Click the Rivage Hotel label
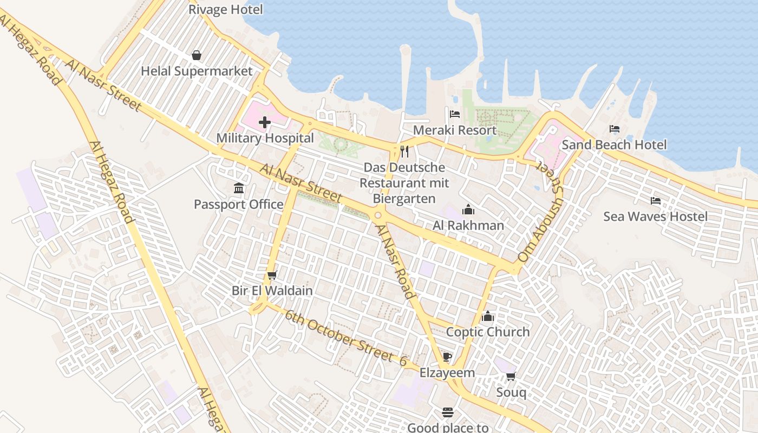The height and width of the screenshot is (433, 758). coord(225,9)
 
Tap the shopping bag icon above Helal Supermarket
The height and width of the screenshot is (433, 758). coord(197,55)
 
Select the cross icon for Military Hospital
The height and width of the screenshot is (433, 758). coord(265,122)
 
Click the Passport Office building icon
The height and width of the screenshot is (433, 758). coord(239,188)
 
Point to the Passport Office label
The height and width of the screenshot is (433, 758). coord(239,204)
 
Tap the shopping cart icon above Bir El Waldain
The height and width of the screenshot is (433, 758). coord(272,275)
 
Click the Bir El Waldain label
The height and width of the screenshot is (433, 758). coord(272,291)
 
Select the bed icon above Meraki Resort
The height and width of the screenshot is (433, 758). coord(455,114)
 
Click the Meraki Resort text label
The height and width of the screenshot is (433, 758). coord(455,130)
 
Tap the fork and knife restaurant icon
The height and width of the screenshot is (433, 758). coord(404,151)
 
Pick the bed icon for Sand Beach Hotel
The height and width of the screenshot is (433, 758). coord(615,129)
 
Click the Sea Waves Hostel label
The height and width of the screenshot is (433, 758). coord(655,216)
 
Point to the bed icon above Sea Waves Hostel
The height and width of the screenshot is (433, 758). coord(656,201)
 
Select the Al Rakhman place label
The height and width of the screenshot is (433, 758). coord(468,225)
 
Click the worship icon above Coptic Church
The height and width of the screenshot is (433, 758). coord(488,316)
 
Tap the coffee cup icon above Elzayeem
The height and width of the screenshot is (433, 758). coord(447,357)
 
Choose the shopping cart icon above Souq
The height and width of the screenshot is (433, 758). coord(511,376)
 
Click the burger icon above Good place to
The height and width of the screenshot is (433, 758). coord(448,412)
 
